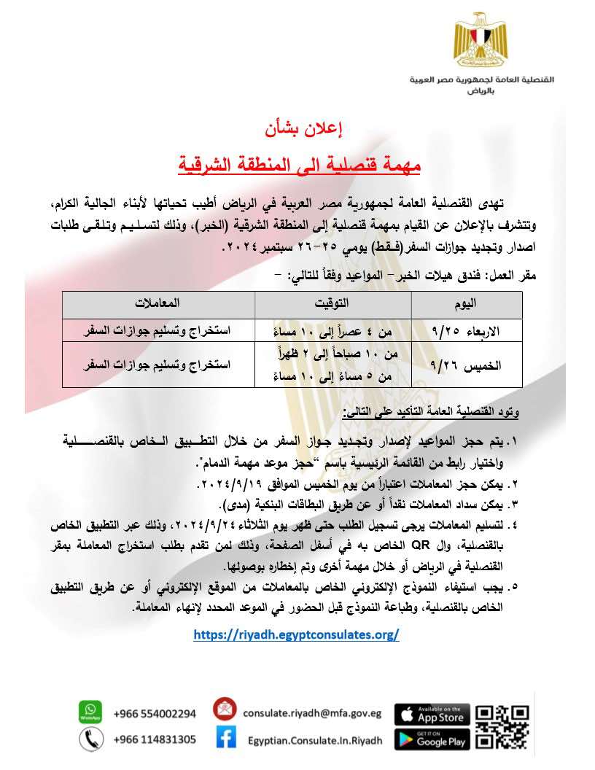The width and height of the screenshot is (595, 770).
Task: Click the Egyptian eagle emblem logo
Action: (479, 40)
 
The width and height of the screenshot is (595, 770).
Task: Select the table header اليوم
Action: (466, 304)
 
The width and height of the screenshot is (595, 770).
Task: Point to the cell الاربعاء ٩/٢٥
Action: (467, 330)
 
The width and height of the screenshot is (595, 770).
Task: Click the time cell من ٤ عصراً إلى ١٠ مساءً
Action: (333, 330)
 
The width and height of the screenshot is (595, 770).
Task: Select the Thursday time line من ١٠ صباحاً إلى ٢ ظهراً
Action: (333, 354)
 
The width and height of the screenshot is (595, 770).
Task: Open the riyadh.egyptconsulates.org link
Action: (296, 634)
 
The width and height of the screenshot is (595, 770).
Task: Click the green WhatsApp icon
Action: (90, 712)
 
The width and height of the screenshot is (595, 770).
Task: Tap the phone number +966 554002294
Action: (155, 713)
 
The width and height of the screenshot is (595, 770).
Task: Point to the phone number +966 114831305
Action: (155, 739)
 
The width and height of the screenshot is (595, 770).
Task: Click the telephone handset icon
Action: (90, 739)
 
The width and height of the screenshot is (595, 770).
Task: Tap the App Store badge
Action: (432, 715)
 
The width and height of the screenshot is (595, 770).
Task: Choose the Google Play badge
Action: (432, 739)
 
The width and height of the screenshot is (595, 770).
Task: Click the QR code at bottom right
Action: (502, 726)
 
